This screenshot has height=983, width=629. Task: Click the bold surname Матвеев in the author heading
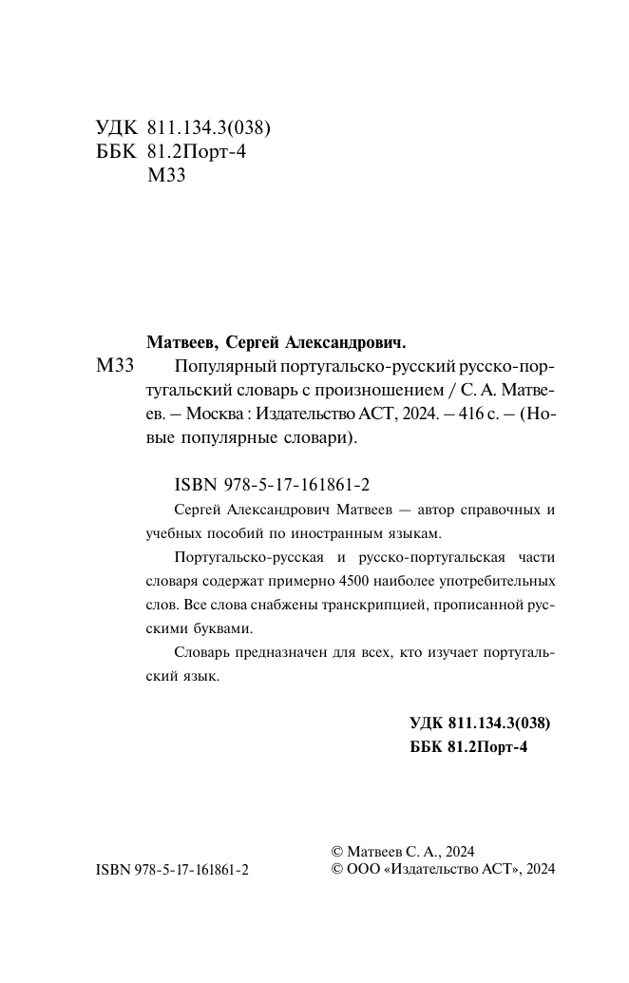pyautogui.click(x=184, y=340)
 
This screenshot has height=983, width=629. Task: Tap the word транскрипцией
pyautogui.click(x=371, y=604)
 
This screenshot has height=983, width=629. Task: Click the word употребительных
pyautogui.click(x=495, y=579)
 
